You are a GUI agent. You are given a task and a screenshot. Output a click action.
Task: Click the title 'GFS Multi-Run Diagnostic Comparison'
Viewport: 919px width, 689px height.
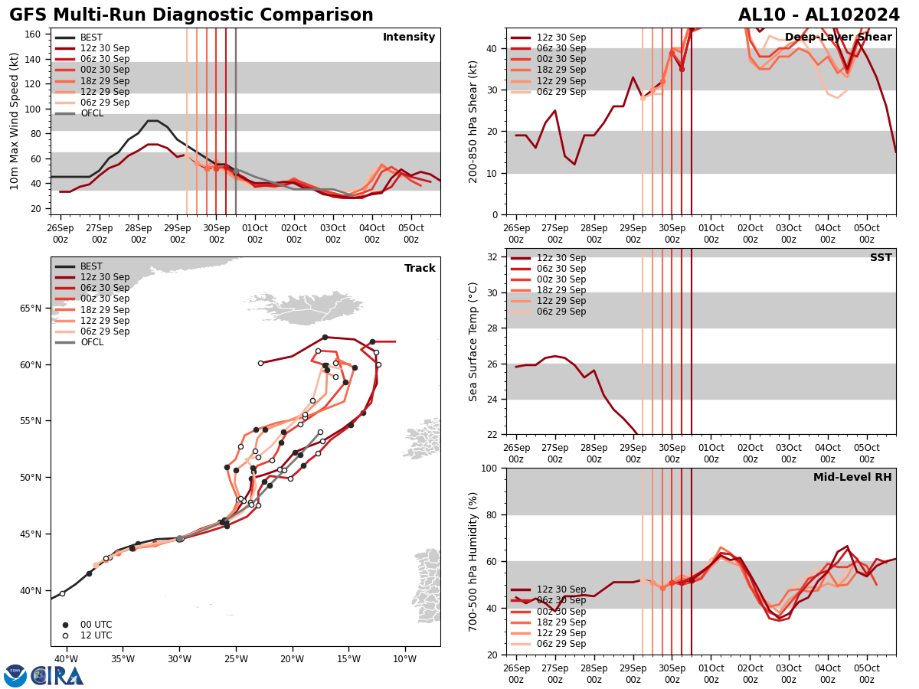pos(191,15)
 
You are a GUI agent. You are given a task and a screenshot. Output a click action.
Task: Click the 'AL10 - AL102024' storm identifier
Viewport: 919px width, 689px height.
pos(819,15)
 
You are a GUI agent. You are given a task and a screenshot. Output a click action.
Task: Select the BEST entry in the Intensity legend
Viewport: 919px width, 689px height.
pos(91,38)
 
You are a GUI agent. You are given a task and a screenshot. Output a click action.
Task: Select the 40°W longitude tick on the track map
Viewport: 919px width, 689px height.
pos(66,659)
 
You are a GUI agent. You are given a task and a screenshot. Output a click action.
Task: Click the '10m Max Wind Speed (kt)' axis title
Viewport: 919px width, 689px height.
pos(15,121)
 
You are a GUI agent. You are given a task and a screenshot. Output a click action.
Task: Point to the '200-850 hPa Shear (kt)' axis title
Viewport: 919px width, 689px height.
pos(473,121)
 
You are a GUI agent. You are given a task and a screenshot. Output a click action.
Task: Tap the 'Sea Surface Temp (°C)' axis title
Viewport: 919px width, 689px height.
pos(473,341)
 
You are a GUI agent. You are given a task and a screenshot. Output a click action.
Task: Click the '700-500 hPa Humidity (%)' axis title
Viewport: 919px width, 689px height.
pos(473,561)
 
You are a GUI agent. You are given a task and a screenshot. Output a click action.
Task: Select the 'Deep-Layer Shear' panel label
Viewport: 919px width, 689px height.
pos(838,38)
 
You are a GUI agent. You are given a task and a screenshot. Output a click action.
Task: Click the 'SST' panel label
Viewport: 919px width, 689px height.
pos(881,258)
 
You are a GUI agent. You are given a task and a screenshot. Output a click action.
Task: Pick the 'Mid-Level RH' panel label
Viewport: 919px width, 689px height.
pos(852,478)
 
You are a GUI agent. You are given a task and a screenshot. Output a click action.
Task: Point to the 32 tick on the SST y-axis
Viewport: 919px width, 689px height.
pos(494,257)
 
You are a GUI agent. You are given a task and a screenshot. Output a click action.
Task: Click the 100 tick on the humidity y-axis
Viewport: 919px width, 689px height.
pos(490,468)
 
